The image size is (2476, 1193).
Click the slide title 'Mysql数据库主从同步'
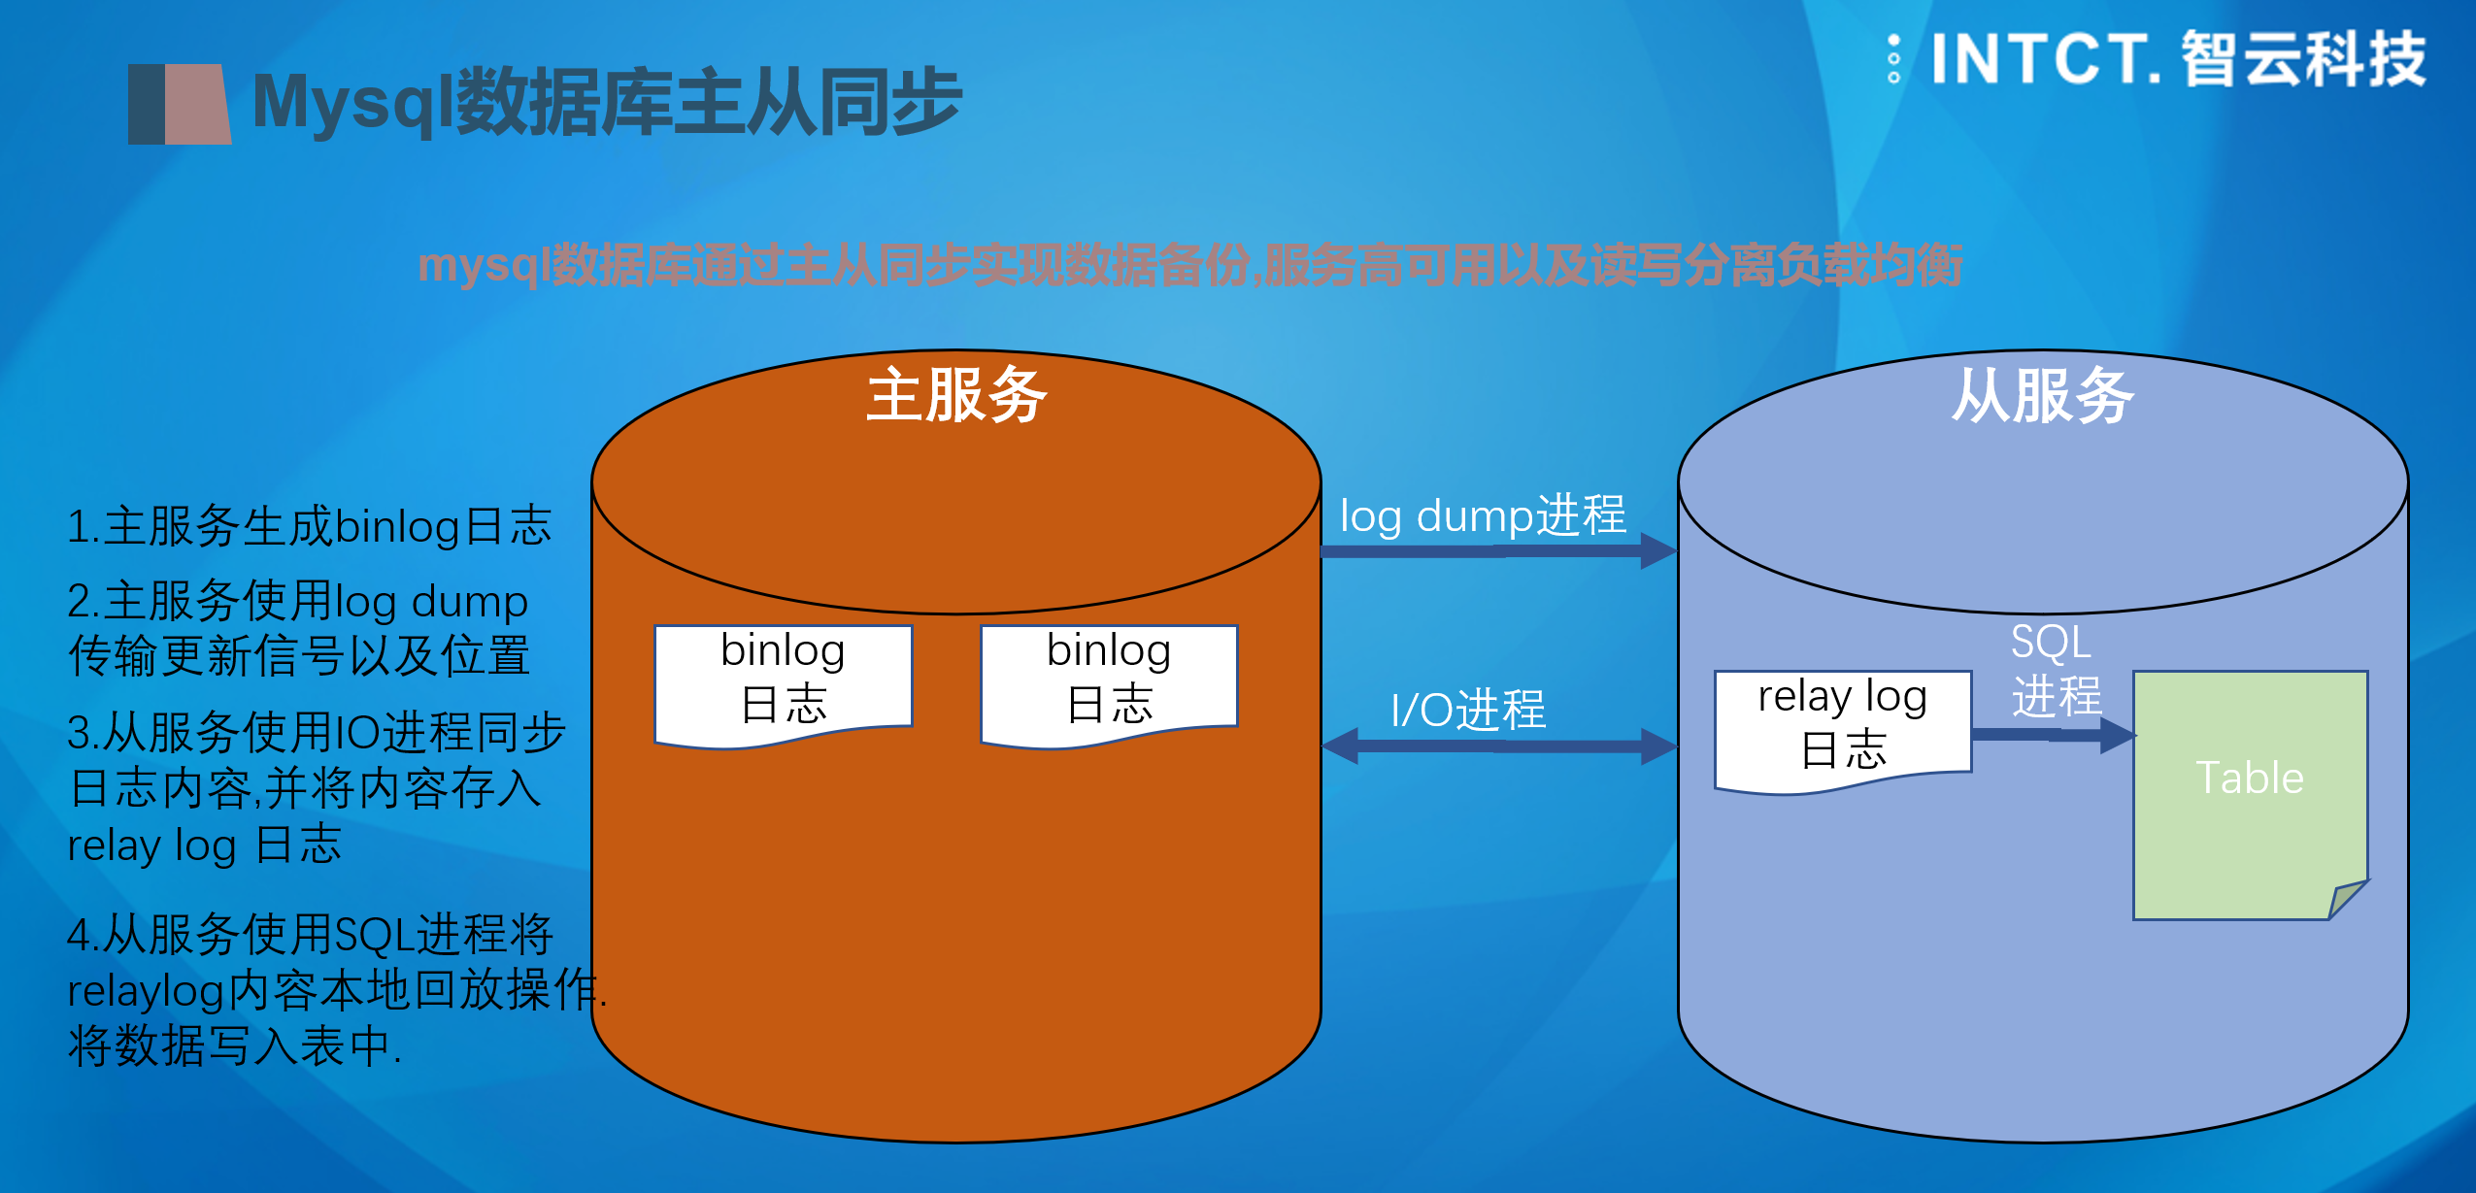point(607,103)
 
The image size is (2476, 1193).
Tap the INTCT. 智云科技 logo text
point(2178,59)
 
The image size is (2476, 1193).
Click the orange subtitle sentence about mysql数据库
point(1190,266)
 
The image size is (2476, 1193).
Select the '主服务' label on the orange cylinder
point(956,395)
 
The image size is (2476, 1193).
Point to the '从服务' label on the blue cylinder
point(2043,395)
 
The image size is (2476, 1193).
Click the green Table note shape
point(2251,795)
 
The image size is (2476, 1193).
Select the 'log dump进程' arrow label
point(1483,515)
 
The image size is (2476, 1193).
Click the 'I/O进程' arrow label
point(1468,710)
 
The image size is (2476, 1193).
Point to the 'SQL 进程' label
point(2055,669)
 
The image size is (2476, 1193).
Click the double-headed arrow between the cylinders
point(1500,746)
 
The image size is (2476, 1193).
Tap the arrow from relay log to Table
point(2054,735)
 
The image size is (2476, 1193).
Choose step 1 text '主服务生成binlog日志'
point(309,526)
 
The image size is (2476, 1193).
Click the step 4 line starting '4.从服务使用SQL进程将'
point(310,935)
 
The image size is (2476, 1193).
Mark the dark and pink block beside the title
point(180,104)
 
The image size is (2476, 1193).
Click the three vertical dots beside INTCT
point(1893,59)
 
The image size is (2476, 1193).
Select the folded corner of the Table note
point(2348,899)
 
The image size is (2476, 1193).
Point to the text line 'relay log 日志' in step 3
point(204,845)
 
